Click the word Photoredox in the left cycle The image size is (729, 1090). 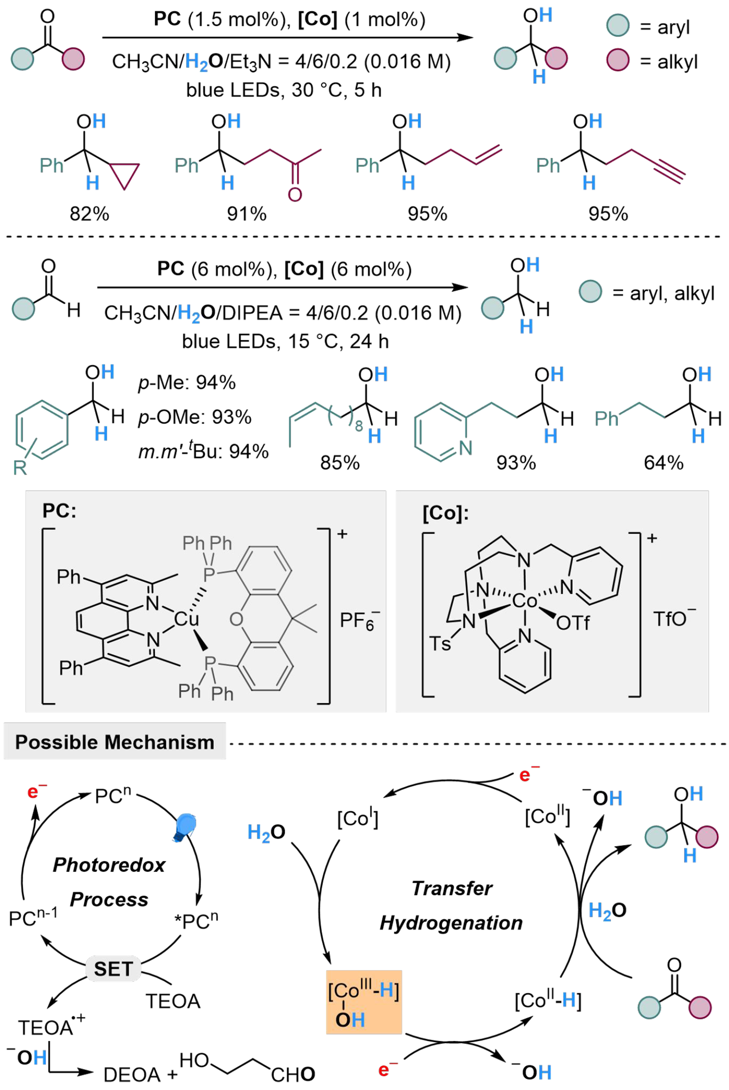(x=109, y=865)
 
